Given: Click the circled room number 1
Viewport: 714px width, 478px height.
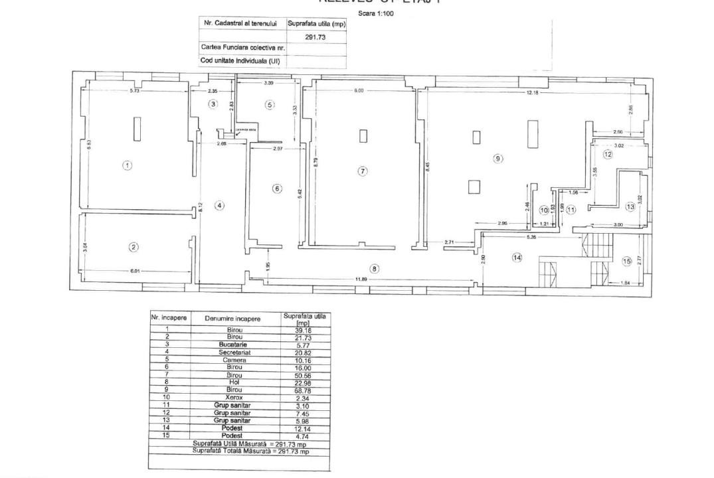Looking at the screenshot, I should pos(127,165).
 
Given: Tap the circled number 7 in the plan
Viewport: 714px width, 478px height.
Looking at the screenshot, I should pos(362,171).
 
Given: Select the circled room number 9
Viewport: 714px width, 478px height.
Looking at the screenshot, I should pos(497,159).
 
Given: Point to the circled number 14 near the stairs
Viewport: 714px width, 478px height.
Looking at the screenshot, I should pos(517,258).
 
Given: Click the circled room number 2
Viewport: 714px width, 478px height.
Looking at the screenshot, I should pos(134,247).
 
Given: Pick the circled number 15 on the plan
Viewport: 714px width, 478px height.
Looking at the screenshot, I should pos(626,261).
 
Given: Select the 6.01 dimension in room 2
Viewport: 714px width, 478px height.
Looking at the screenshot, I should pos(135,270).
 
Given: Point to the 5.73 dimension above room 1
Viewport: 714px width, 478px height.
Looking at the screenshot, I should pos(134,90).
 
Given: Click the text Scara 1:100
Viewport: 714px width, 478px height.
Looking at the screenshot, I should pos(375,13).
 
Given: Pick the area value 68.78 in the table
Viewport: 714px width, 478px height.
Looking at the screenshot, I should pos(303,390).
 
